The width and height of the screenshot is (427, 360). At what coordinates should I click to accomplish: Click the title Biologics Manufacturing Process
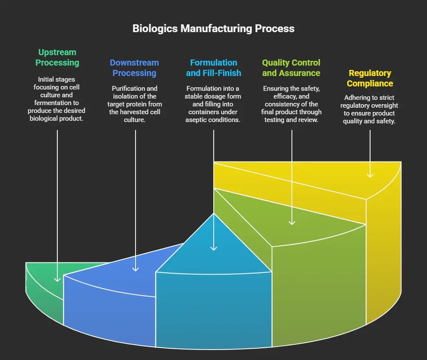(213, 29)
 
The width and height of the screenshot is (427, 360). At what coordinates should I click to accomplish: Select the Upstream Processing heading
(57, 58)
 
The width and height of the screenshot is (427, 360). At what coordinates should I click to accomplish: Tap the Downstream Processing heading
(134, 68)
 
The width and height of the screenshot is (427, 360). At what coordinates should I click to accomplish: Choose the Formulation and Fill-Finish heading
(213, 68)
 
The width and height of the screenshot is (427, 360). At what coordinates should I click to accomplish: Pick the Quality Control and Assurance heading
(291, 68)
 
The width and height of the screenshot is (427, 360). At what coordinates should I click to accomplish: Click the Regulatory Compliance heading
(370, 78)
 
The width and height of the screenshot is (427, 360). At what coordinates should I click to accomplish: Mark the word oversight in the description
(383, 106)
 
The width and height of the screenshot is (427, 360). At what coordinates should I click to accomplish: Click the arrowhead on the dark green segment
(57, 279)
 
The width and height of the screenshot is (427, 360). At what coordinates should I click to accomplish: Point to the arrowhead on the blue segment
(136, 269)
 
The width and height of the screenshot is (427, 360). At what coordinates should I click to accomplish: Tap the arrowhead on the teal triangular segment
(213, 248)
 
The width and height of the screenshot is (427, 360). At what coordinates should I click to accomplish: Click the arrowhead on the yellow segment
(370, 175)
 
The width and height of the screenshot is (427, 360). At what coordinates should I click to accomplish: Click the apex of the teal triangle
(213, 213)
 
